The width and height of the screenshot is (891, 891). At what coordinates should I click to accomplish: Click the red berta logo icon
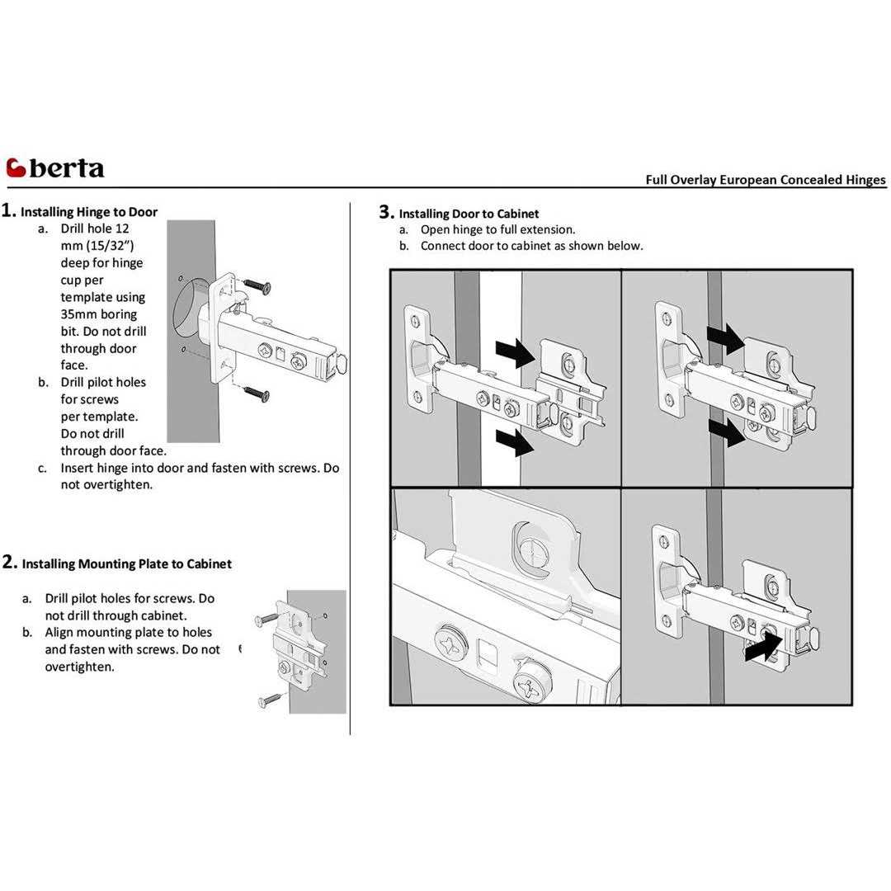pyautogui.click(x=16, y=167)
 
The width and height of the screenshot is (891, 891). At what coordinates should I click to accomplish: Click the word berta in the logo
pyautogui.click(x=67, y=168)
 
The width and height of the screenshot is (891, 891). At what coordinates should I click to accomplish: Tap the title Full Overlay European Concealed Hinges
pyautogui.click(x=765, y=180)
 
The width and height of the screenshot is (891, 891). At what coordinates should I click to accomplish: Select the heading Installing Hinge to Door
pyautogui.click(x=88, y=212)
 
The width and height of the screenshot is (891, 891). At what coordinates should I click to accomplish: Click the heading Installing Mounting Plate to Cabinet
pyautogui.click(x=126, y=564)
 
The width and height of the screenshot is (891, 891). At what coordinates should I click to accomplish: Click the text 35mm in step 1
pyautogui.click(x=78, y=314)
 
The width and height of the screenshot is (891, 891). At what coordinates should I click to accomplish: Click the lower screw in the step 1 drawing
pyautogui.click(x=257, y=395)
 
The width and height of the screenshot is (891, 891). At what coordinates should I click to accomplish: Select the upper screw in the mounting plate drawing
pyautogui.click(x=268, y=616)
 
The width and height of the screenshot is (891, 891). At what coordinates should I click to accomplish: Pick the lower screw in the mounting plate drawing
pyautogui.click(x=270, y=700)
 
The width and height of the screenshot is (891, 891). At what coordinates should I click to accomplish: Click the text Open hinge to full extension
pyautogui.click(x=497, y=230)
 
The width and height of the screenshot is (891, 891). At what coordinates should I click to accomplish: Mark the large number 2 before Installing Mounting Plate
pyautogui.click(x=9, y=563)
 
